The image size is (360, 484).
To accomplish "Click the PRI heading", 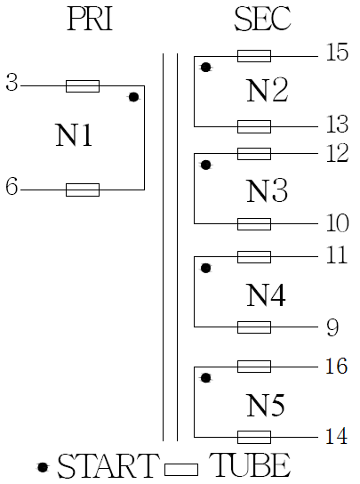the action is click(x=90, y=20).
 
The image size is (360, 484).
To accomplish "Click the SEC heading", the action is click(x=262, y=20).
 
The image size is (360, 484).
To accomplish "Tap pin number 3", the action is click(x=12, y=83).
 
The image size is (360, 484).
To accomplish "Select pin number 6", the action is click(x=12, y=187).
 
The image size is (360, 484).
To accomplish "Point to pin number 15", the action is click(x=337, y=52).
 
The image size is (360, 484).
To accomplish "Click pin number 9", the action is click(x=332, y=327).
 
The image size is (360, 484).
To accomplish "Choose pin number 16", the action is click(x=337, y=366).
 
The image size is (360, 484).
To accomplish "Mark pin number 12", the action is click(x=338, y=153).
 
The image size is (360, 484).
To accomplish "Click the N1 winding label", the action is click(x=74, y=135).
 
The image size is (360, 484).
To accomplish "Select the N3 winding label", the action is click(x=268, y=190).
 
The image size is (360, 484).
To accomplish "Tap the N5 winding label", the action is click(x=266, y=405).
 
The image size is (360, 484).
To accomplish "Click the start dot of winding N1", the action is click(x=133, y=97).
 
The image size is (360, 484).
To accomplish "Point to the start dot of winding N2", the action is click(x=205, y=67).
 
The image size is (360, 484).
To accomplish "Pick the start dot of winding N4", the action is click(x=205, y=268).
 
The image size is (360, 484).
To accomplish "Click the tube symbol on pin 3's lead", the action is click(x=83, y=86).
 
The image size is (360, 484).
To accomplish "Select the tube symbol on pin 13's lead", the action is click(x=254, y=126).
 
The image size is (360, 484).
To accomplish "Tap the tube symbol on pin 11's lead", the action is click(x=254, y=257).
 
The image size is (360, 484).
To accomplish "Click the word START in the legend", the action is click(x=107, y=466).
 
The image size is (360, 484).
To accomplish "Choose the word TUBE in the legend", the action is click(x=250, y=465).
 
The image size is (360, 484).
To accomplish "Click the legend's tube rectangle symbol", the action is click(x=181, y=470).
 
